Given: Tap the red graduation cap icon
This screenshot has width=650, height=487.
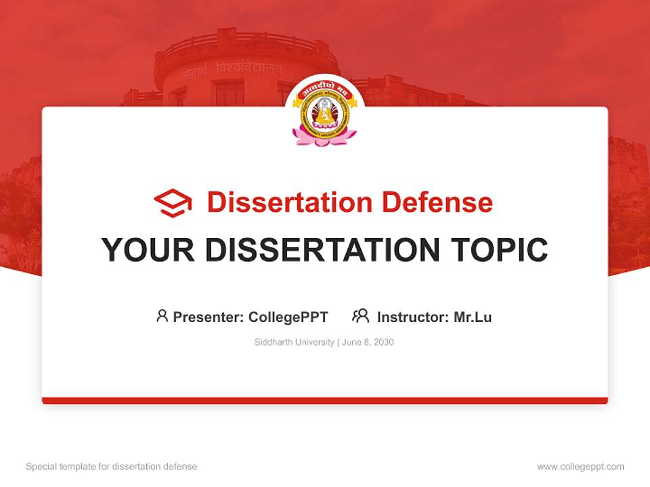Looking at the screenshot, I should click(173, 203).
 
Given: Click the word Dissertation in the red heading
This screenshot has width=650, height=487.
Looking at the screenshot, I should click(289, 202).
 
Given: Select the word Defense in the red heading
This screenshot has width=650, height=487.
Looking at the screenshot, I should click(437, 202).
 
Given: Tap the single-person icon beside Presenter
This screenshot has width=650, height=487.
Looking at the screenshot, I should click(162, 316).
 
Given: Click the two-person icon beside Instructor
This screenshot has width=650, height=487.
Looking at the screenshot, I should click(360, 316).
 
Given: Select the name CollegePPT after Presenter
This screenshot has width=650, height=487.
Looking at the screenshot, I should click(288, 317).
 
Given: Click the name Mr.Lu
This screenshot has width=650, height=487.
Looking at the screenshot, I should click(473, 317).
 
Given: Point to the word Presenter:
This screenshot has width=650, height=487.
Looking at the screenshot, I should click(209, 317).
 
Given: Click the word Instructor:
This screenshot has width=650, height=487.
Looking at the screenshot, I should click(413, 317).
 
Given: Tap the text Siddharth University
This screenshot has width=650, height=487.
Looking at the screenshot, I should click(294, 342).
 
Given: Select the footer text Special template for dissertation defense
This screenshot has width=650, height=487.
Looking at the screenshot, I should click(112, 467).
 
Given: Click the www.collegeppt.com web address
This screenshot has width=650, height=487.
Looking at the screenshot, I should click(580, 467).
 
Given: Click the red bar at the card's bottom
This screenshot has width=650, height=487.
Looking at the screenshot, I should click(324, 400).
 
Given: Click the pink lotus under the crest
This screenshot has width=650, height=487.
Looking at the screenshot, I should click(324, 137).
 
